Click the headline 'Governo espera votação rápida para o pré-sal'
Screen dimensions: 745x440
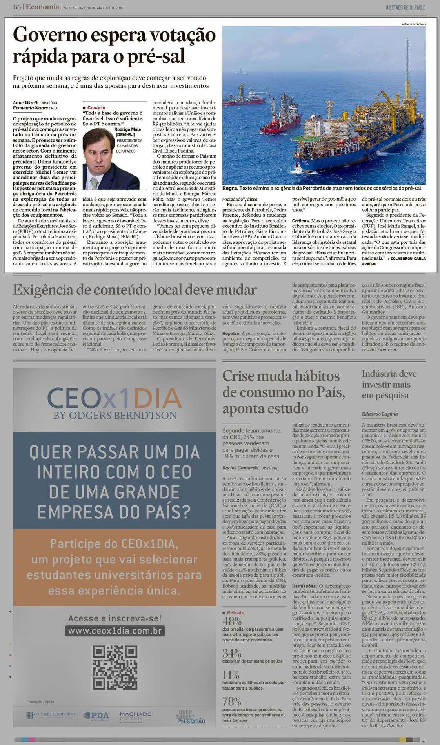pos(114,46)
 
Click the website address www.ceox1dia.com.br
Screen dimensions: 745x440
pos(115,631)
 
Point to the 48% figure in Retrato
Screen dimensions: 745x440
pos(232,621)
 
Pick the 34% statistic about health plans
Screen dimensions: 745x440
pos(231,653)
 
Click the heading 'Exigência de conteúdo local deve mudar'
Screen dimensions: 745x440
pos(135,290)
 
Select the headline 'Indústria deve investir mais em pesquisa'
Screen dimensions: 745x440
pos(389,384)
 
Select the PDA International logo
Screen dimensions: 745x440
pos(96,715)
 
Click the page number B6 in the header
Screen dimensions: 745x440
pos(16,7)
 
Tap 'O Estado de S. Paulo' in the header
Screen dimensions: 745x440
pos(405,7)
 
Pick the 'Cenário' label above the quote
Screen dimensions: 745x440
pos(96,107)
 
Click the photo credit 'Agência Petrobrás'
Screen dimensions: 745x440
pos(414,24)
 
